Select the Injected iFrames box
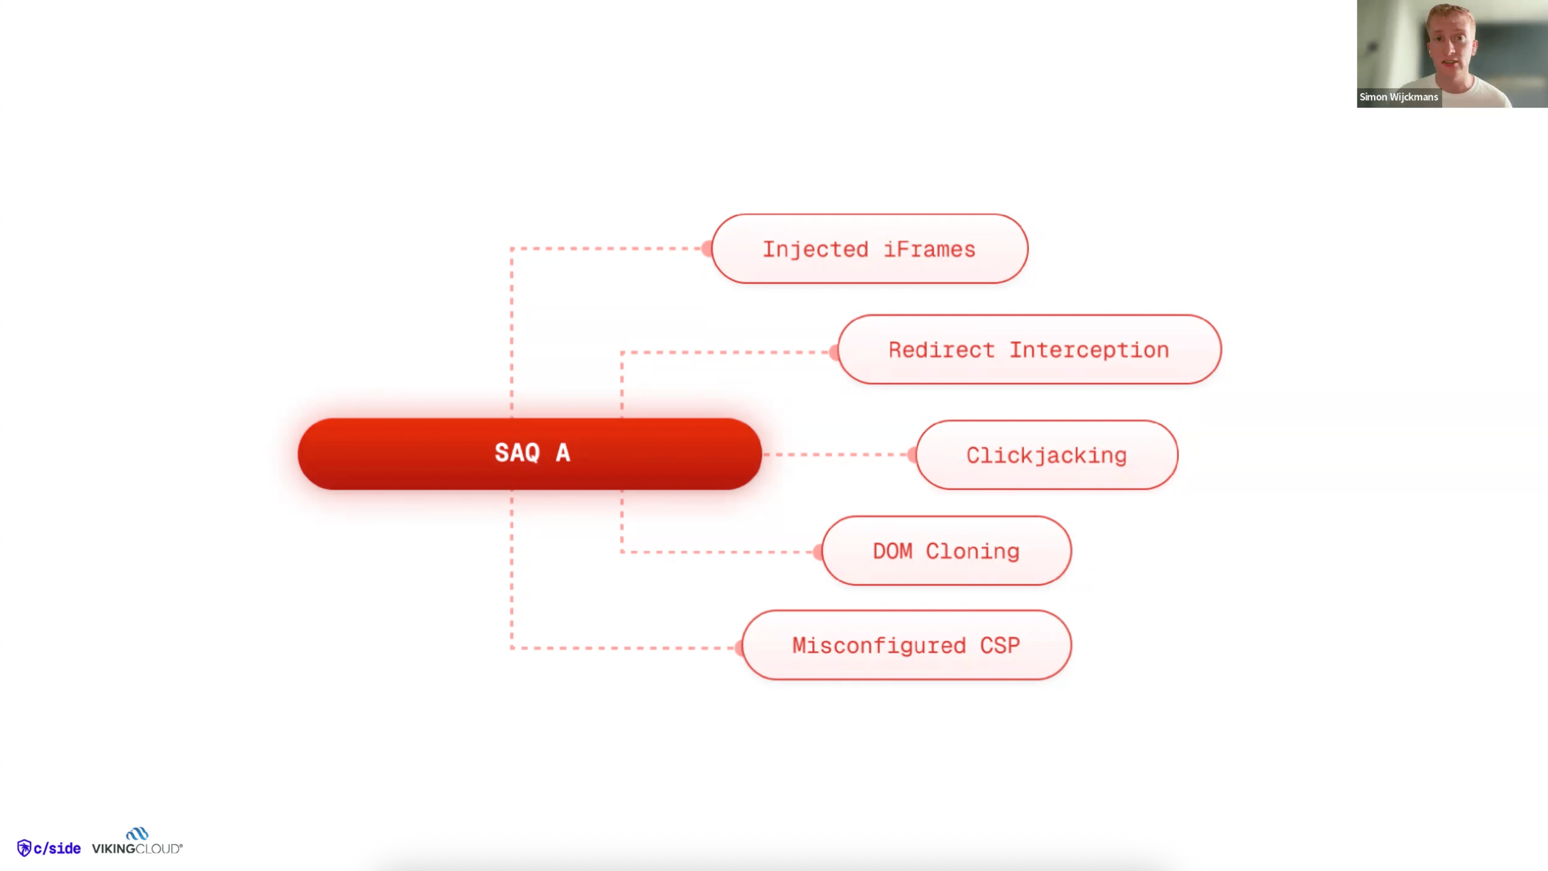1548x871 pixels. pos(869,249)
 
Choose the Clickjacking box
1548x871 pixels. pos(1046,455)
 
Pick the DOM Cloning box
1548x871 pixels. pos(946,551)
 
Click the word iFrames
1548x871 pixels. pos(930,249)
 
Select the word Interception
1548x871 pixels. pos(1089,350)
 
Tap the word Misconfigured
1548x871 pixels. pos(878,645)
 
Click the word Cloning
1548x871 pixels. pos(972,551)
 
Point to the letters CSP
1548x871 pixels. pos(1000,645)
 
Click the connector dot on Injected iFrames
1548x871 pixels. pos(707,248)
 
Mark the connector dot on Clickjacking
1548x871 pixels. pos(913,454)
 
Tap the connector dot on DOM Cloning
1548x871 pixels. pos(818,551)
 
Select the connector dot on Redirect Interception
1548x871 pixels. pos(834,352)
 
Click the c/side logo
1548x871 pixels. pos(49,848)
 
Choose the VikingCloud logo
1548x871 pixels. pos(137,843)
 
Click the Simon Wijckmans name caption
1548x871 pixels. pos(1399,97)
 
